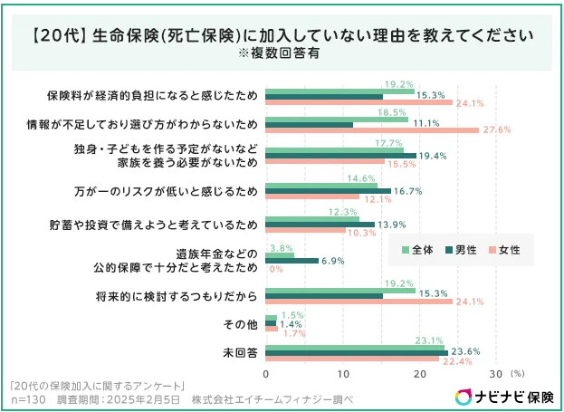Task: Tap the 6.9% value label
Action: click(333, 261)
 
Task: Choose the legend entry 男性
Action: click(463, 247)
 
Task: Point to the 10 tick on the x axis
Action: click(342, 373)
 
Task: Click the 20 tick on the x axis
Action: click(419, 373)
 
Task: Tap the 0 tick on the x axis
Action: click(266, 373)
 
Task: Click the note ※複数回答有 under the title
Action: click(282, 54)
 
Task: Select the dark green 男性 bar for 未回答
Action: click(357, 351)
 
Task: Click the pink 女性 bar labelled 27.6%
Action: click(372, 129)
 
